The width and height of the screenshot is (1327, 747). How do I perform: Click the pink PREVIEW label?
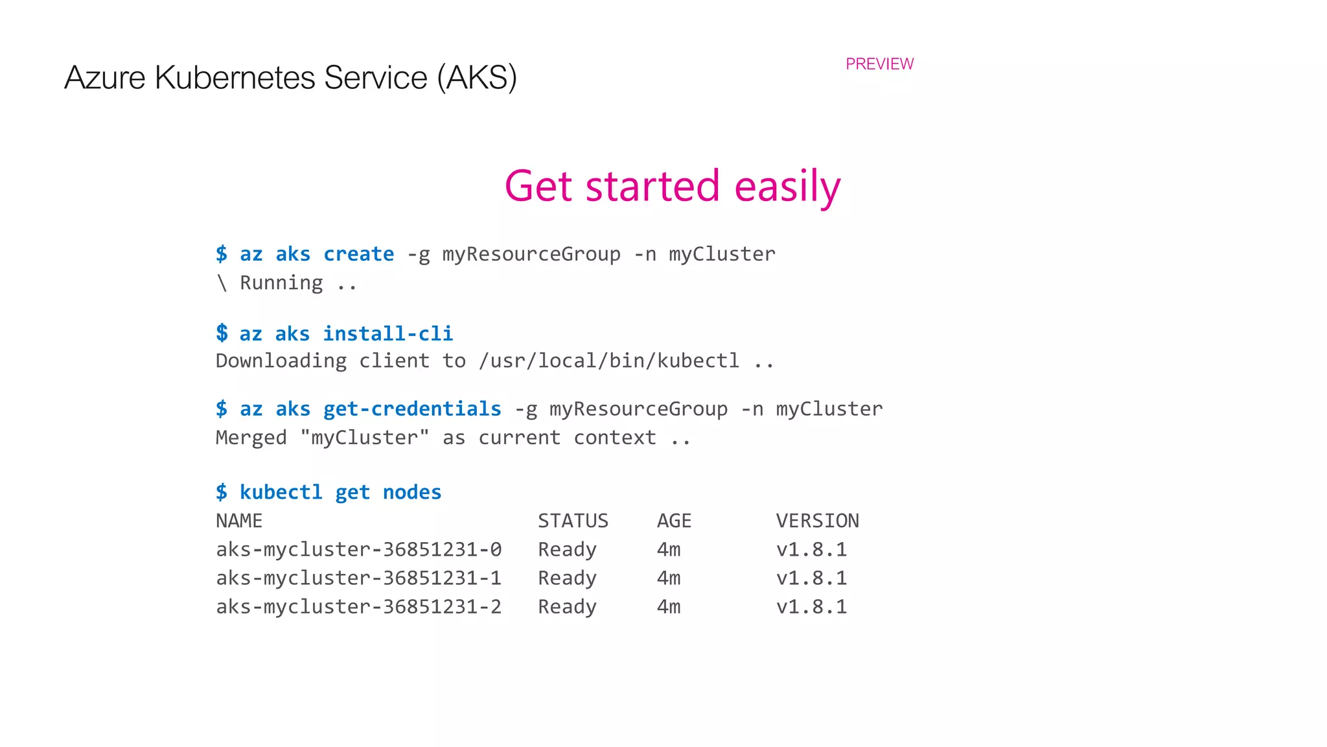click(879, 64)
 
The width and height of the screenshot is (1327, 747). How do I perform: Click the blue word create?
click(358, 254)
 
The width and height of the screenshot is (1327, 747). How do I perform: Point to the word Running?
click(281, 283)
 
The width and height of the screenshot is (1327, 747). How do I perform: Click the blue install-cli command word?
click(387, 333)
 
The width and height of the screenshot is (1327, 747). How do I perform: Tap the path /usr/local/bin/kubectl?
click(608, 361)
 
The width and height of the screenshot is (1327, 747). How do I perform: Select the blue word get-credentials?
click(412, 409)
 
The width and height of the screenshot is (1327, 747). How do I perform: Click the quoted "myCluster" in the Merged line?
click(365, 438)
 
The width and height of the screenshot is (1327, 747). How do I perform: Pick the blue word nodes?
click(412, 492)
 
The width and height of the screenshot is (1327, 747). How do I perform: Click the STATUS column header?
click(573, 521)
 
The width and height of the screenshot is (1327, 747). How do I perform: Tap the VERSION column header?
click(817, 521)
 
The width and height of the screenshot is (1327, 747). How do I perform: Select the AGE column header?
click(674, 521)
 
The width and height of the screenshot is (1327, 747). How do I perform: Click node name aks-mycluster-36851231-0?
click(358, 549)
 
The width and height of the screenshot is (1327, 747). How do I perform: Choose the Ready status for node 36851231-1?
click(567, 578)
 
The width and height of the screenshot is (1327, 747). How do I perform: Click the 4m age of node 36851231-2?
click(668, 606)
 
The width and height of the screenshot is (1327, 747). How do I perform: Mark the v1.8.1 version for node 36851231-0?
click(811, 549)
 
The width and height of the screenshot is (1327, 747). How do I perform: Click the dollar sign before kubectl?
click(222, 492)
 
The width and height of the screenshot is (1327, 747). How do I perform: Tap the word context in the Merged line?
click(614, 438)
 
